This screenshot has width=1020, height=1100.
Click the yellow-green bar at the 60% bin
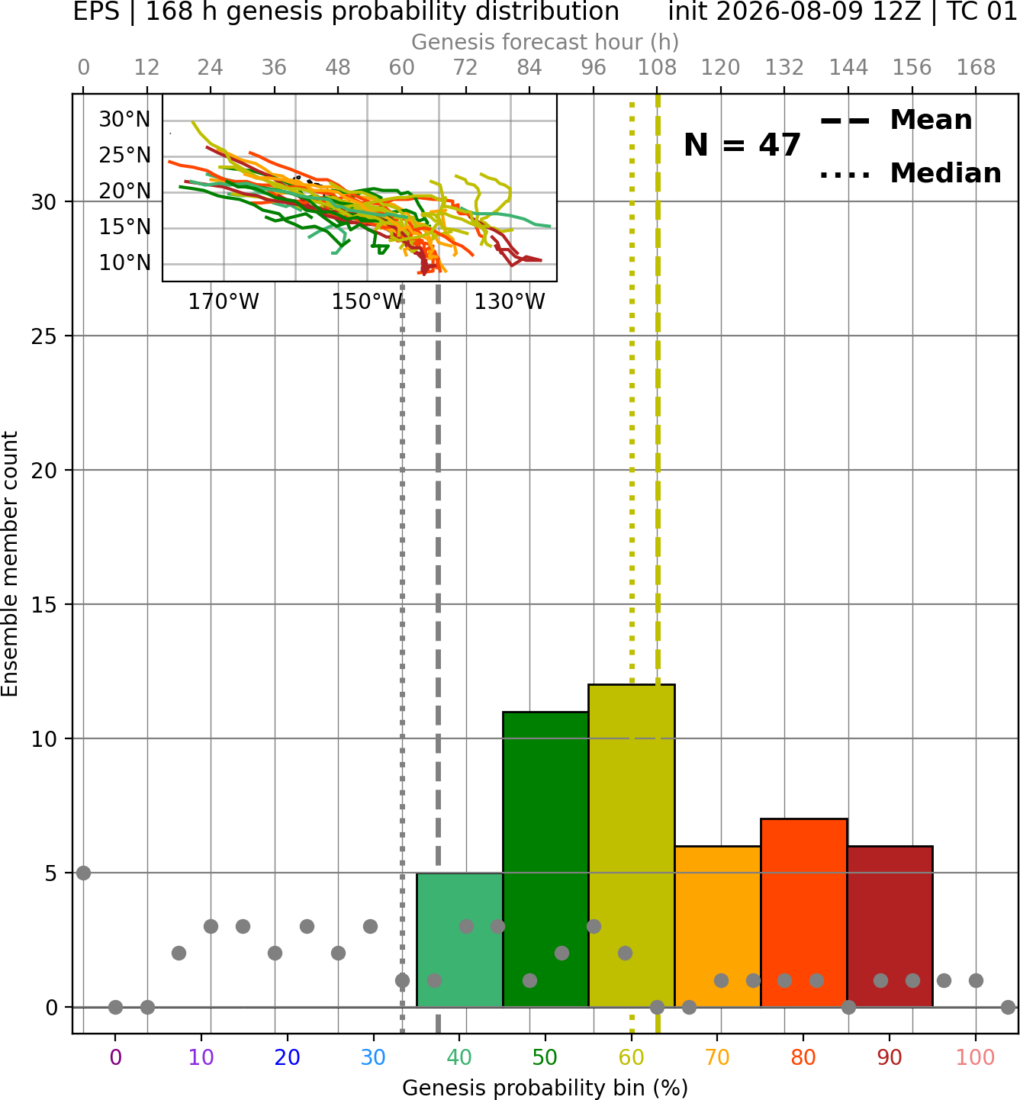click(632, 845)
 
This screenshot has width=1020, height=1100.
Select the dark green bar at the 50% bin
click(545, 859)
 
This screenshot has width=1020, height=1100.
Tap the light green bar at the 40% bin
click(459, 940)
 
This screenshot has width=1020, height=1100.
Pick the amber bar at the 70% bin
click(717, 926)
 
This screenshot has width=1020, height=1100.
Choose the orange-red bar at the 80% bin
click(804, 913)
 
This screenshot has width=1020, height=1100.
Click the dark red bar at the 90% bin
click(890, 926)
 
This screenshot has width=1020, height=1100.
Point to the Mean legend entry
click(896, 121)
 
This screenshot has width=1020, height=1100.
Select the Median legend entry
click(911, 173)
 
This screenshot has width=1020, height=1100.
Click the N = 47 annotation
click(742, 145)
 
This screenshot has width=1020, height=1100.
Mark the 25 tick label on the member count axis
click(44, 336)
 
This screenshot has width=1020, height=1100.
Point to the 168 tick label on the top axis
click(976, 68)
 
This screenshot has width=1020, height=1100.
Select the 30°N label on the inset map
click(124, 120)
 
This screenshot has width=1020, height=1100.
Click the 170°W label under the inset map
click(224, 302)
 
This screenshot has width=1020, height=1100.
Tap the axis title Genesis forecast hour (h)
click(545, 42)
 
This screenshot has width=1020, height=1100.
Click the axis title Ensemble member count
click(10, 564)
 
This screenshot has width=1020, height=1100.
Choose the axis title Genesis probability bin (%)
click(545, 1088)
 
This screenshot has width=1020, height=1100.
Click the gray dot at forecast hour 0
click(83, 873)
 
